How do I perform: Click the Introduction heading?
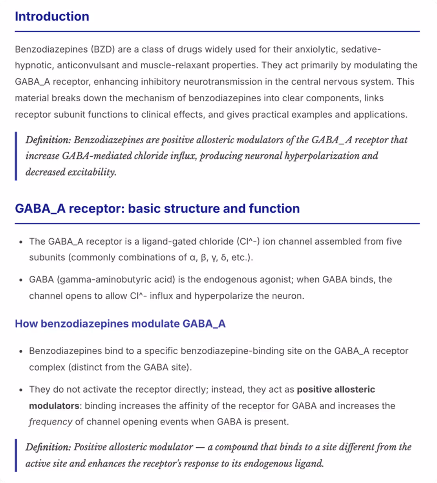[52, 16]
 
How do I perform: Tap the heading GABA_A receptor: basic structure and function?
[157, 209]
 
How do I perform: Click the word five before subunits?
[393, 241]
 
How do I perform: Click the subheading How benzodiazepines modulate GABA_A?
[120, 324]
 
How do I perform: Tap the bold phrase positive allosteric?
[336, 390]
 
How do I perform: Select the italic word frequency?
[51, 422]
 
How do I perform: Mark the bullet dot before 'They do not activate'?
[21, 390]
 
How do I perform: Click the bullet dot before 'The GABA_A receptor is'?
[21, 241]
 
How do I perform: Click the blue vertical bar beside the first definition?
[16, 156]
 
